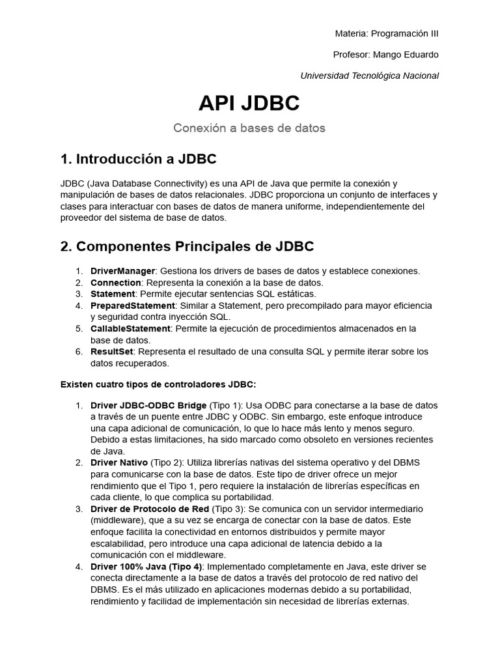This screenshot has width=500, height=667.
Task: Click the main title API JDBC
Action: coord(249,103)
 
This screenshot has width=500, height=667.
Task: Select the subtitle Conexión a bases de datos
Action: coord(249,128)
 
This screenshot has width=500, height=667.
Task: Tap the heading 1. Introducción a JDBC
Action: coord(138,160)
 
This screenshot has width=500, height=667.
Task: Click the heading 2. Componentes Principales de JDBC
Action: coord(187,246)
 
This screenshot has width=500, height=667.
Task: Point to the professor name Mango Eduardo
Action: coord(413,54)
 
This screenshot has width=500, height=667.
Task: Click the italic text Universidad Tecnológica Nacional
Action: coord(369,76)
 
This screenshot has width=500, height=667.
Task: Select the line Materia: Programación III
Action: coord(387,33)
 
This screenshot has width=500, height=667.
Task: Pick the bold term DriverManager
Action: coord(122,271)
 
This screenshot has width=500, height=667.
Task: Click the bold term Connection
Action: coord(115,283)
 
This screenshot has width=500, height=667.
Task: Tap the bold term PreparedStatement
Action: coord(133,305)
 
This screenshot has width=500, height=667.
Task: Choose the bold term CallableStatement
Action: coord(130,328)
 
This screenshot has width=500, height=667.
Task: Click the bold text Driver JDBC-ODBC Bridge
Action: coord(148,405)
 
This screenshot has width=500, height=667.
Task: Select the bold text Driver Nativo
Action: coord(119,462)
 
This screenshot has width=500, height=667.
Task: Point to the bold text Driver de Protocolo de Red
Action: coord(150,508)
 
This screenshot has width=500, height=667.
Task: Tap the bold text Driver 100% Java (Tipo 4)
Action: coord(146,567)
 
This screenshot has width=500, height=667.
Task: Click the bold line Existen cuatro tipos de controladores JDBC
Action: coord(158,384)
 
